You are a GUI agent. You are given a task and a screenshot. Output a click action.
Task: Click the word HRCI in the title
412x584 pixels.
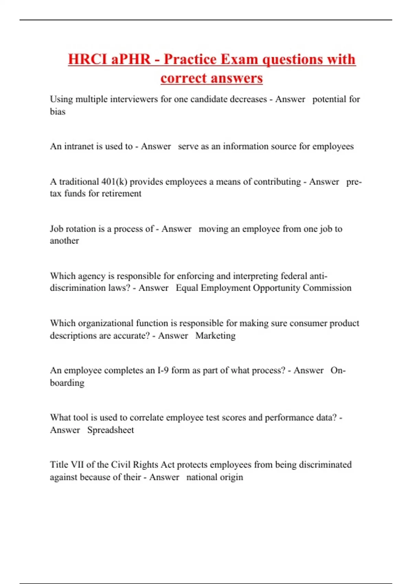coord(87,59)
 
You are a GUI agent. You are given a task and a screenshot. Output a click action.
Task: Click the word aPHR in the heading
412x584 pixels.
coord(131,59)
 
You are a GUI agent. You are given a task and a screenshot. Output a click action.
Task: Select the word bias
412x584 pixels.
coord(58,112)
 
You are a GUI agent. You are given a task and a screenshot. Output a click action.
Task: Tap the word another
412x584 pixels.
coord(64,241)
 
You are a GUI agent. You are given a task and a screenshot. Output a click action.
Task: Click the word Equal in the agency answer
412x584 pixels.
coord(187,288)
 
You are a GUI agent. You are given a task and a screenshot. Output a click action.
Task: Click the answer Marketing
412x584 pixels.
coord(215,336)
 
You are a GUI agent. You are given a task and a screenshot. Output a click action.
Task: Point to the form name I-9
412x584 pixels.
coord(163,370)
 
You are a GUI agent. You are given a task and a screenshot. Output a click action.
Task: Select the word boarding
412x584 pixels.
coord(67,383)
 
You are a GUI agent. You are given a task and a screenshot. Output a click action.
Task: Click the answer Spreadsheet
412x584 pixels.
coord(111,430)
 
